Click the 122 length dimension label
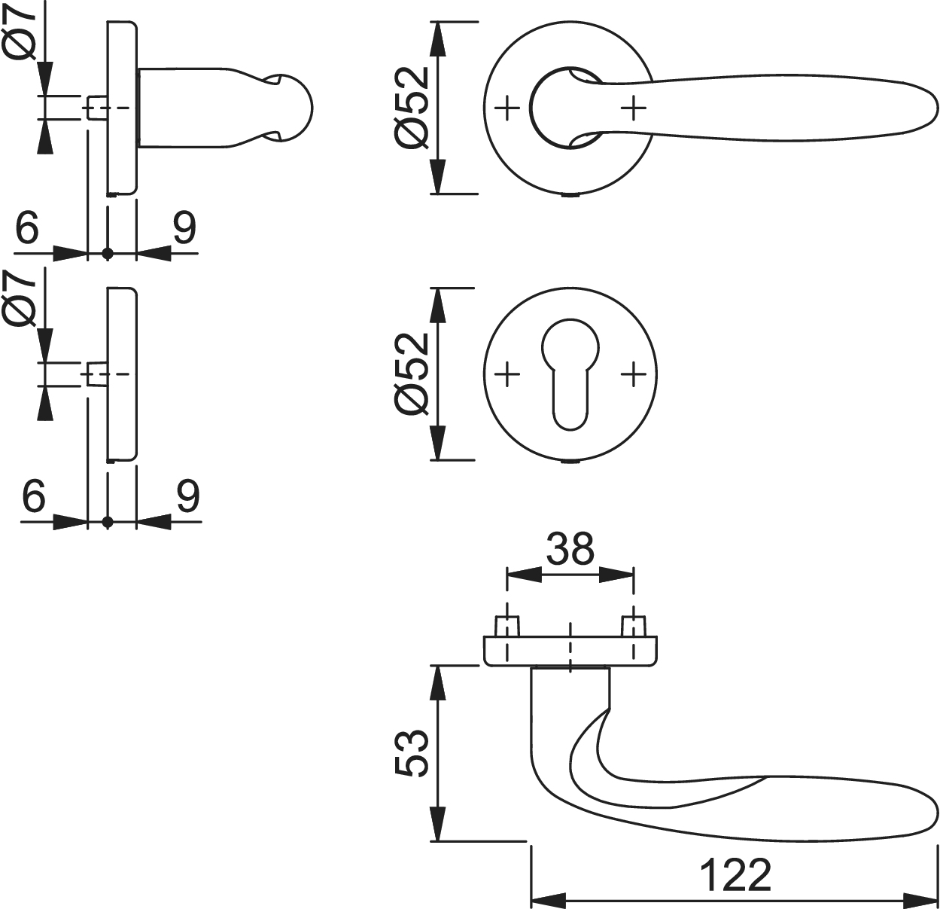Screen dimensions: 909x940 pyautogui.click(x=735, y=875)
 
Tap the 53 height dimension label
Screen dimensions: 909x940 pyautogui.click(x=412, y=752)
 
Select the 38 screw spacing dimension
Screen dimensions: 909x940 pyautogui.click(x=570, y=549)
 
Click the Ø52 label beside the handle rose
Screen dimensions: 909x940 pyautogui.click(x=412, y=108)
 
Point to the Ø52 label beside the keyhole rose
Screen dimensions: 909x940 pyautogui.click(x=412, y=374)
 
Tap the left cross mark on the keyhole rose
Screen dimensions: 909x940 pyautogui.click(x=508, y=374)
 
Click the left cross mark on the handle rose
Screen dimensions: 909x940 pyautogui.click(x=508, y=108)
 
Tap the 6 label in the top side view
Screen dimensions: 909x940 pyautogui.click(x=27, y=227)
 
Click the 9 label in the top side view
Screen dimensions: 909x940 pyautogui.click(x=184, y=227)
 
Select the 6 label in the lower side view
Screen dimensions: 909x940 pyautogui.click(x=35, y=495)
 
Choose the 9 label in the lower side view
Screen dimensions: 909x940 pyautogui.click(x=188, y=495)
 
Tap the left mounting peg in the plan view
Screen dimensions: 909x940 pyautogui.click(x=507, y=626)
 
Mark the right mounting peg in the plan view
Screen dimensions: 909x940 pyautogui.click(x=634, y=626)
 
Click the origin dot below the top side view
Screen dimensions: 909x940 pyautogui.click(x=108, y=254)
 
